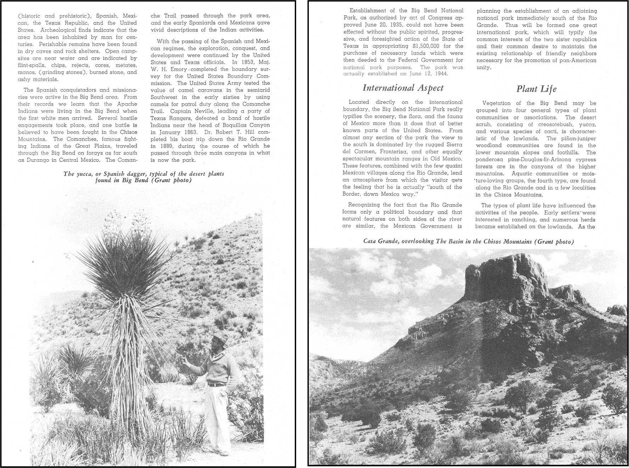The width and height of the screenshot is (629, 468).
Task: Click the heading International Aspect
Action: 403,88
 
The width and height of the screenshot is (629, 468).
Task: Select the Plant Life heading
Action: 536,89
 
